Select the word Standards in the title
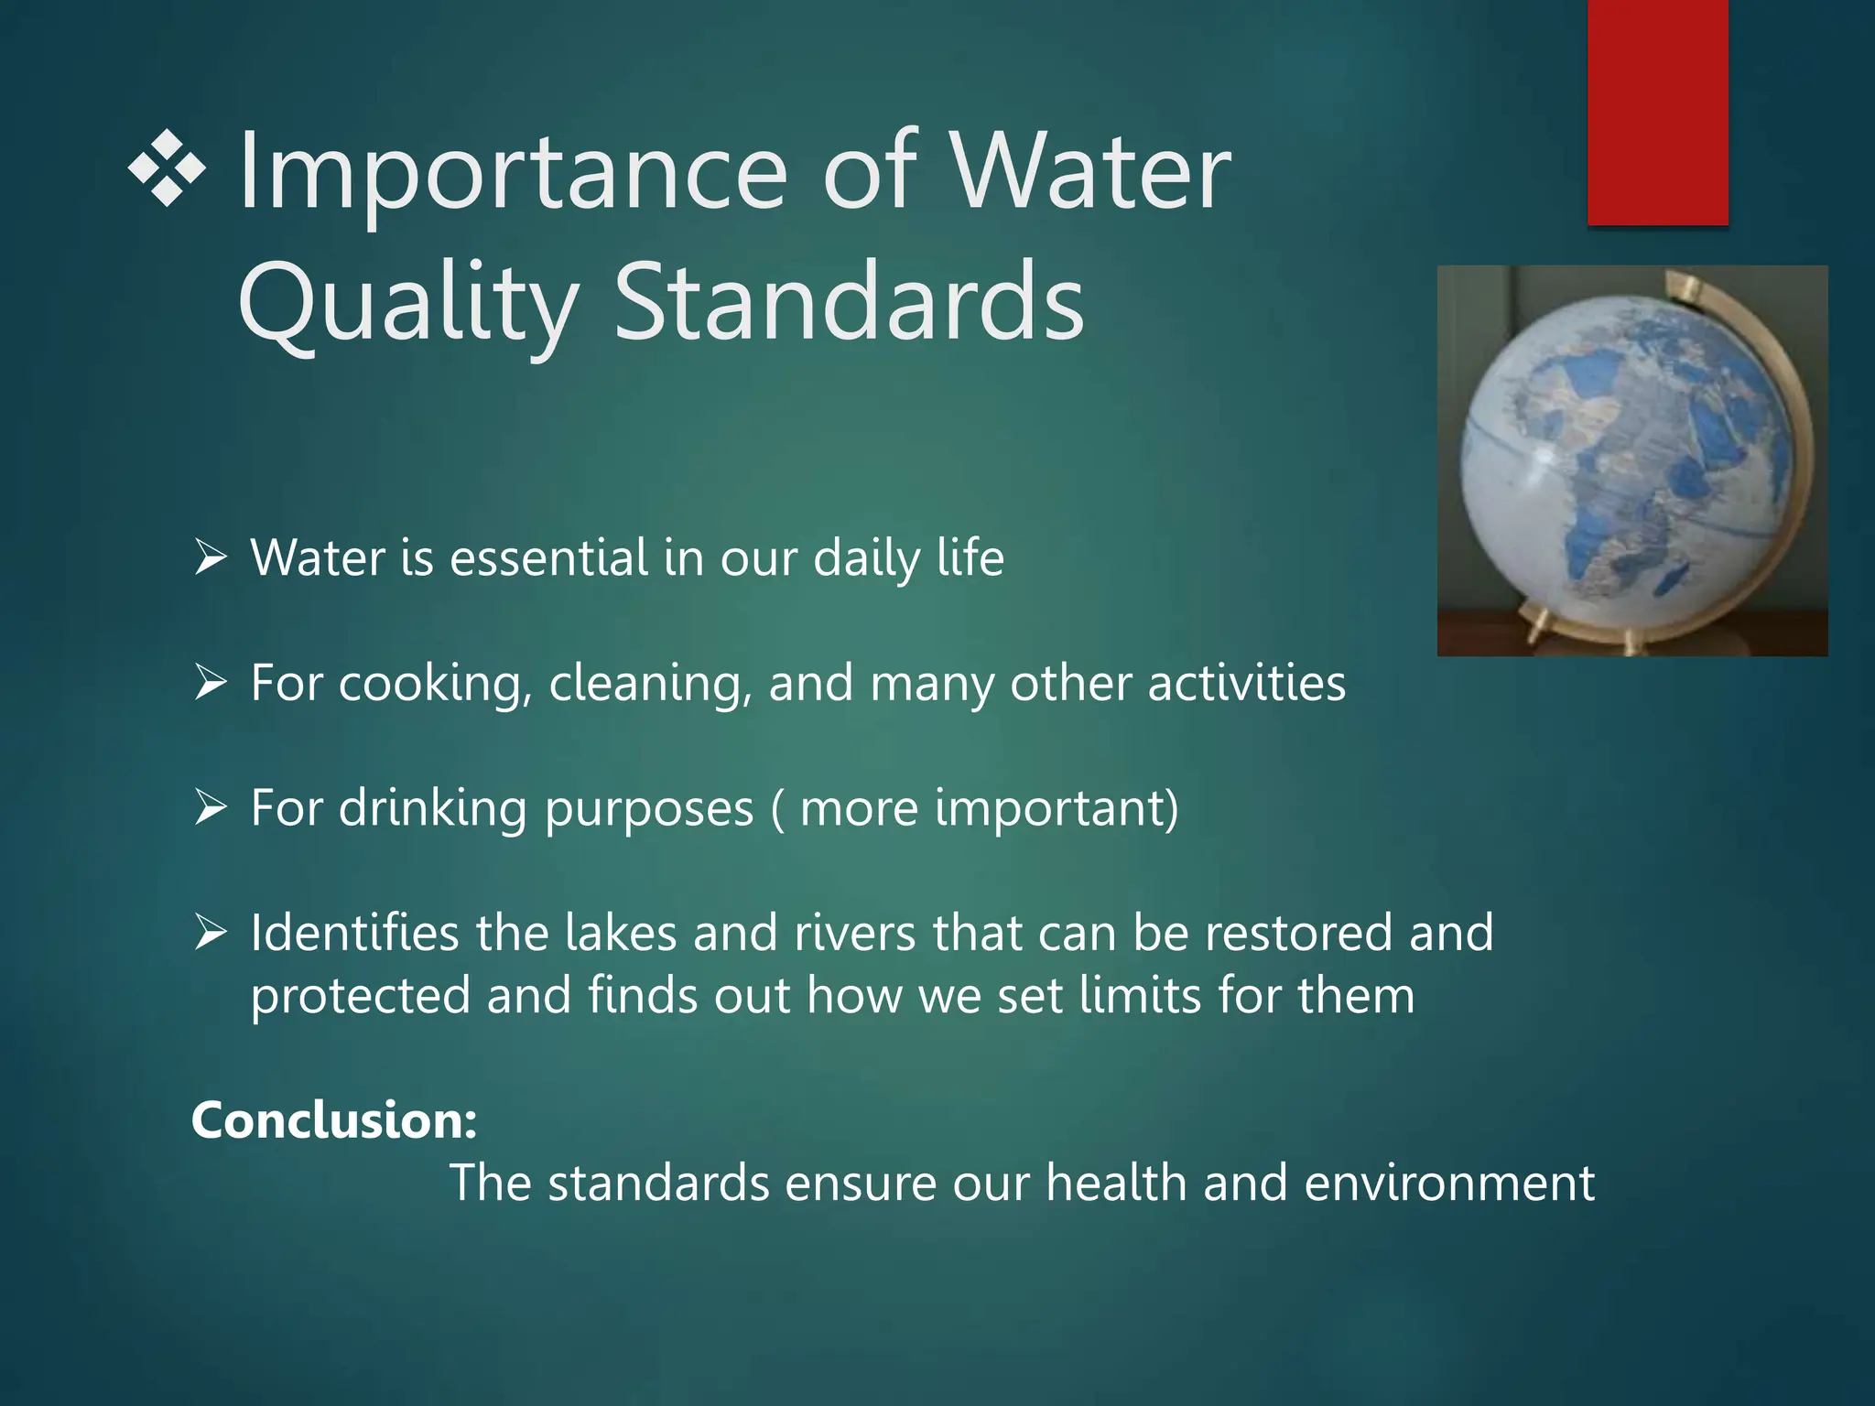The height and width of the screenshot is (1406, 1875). click(x=849, y=302)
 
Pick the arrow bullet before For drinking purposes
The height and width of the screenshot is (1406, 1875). click(x=211, y=807)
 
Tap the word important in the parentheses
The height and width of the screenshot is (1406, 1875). click(x=1048, y=808)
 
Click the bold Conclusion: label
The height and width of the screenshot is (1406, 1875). click(x=334, y=1119)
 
